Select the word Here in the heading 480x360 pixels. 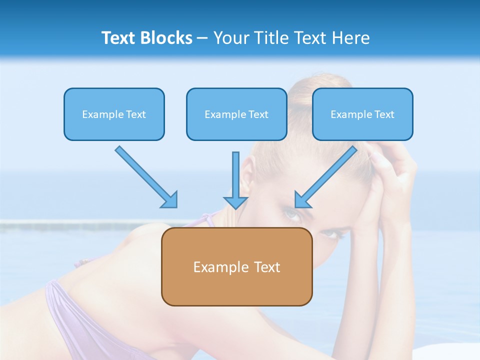click(x=352, y=38)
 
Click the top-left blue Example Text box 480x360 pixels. click(x=114, y=114)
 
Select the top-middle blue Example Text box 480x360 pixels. click(x=236, y=114)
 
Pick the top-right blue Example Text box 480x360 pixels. click(x=362, y=114)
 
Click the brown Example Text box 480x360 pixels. click(x=236, y=266)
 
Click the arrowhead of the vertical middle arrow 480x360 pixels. click(x=235, y=201)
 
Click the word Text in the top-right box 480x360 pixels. click(x=384, y=114)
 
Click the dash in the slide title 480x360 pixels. click(x=202, y=38)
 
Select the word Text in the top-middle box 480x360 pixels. click(x=258, y=114)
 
